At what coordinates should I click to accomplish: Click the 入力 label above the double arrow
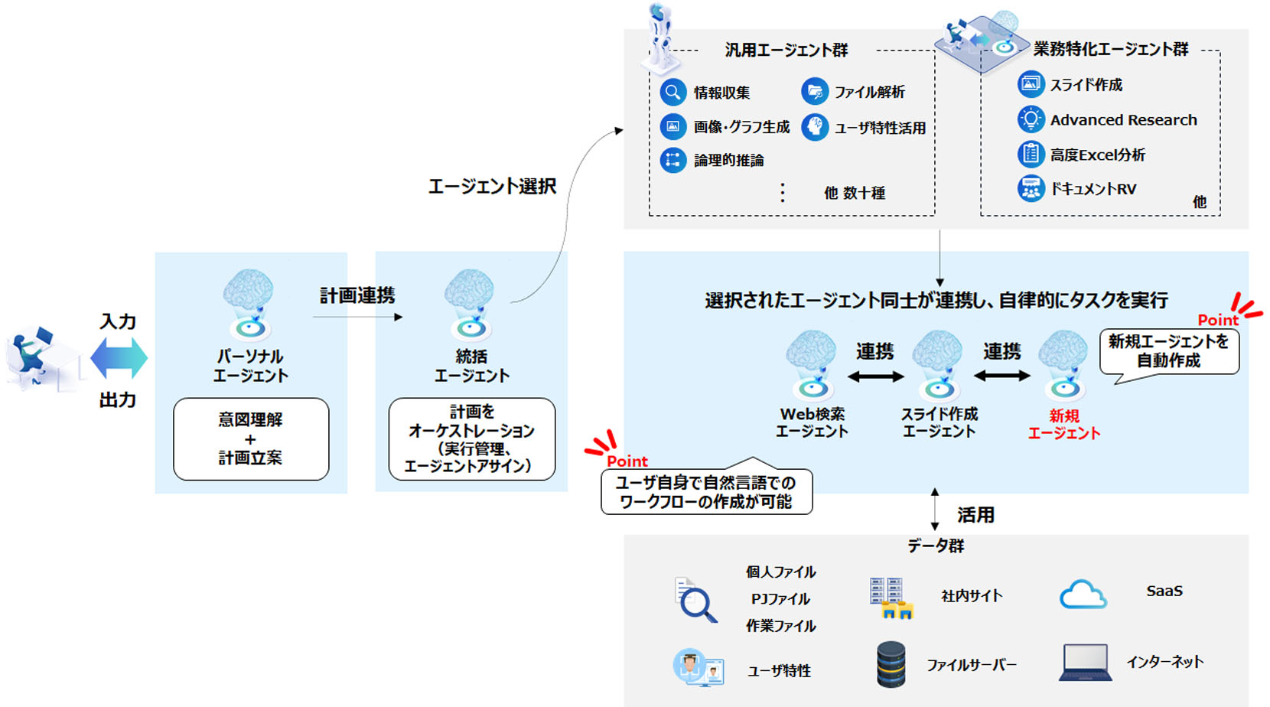[x=118, y=321]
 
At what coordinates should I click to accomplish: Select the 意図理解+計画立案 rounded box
[x=251, y=439]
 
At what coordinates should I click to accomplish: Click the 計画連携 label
[x=357, y=295]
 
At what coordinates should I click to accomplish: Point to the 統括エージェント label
[x=471, y=367]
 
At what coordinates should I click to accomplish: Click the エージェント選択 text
[x=492, y=186]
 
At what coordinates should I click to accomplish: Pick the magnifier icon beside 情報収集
[x=672, y=93]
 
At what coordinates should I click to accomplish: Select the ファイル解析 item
[x=869, y=93]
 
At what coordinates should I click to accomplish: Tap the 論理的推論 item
[x=728, y=161]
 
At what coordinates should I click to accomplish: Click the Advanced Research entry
[x=1123, y=120]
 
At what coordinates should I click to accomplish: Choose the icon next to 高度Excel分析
[x=1031, y=155]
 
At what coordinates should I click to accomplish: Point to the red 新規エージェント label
[x=1063, y=425]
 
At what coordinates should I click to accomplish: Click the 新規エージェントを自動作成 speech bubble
[x=1168, y=351]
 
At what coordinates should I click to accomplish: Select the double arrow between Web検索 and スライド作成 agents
[x=875, y=376]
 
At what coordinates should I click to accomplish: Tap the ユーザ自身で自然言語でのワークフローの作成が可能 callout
[x=706, y=492]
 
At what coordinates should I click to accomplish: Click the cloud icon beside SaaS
[x=1083, y=595]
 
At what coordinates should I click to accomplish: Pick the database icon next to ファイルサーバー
[x=891, y=664]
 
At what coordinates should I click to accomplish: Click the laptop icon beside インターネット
[x=1085, y=663]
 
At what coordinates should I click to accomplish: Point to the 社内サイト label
[x=972, y=596]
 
